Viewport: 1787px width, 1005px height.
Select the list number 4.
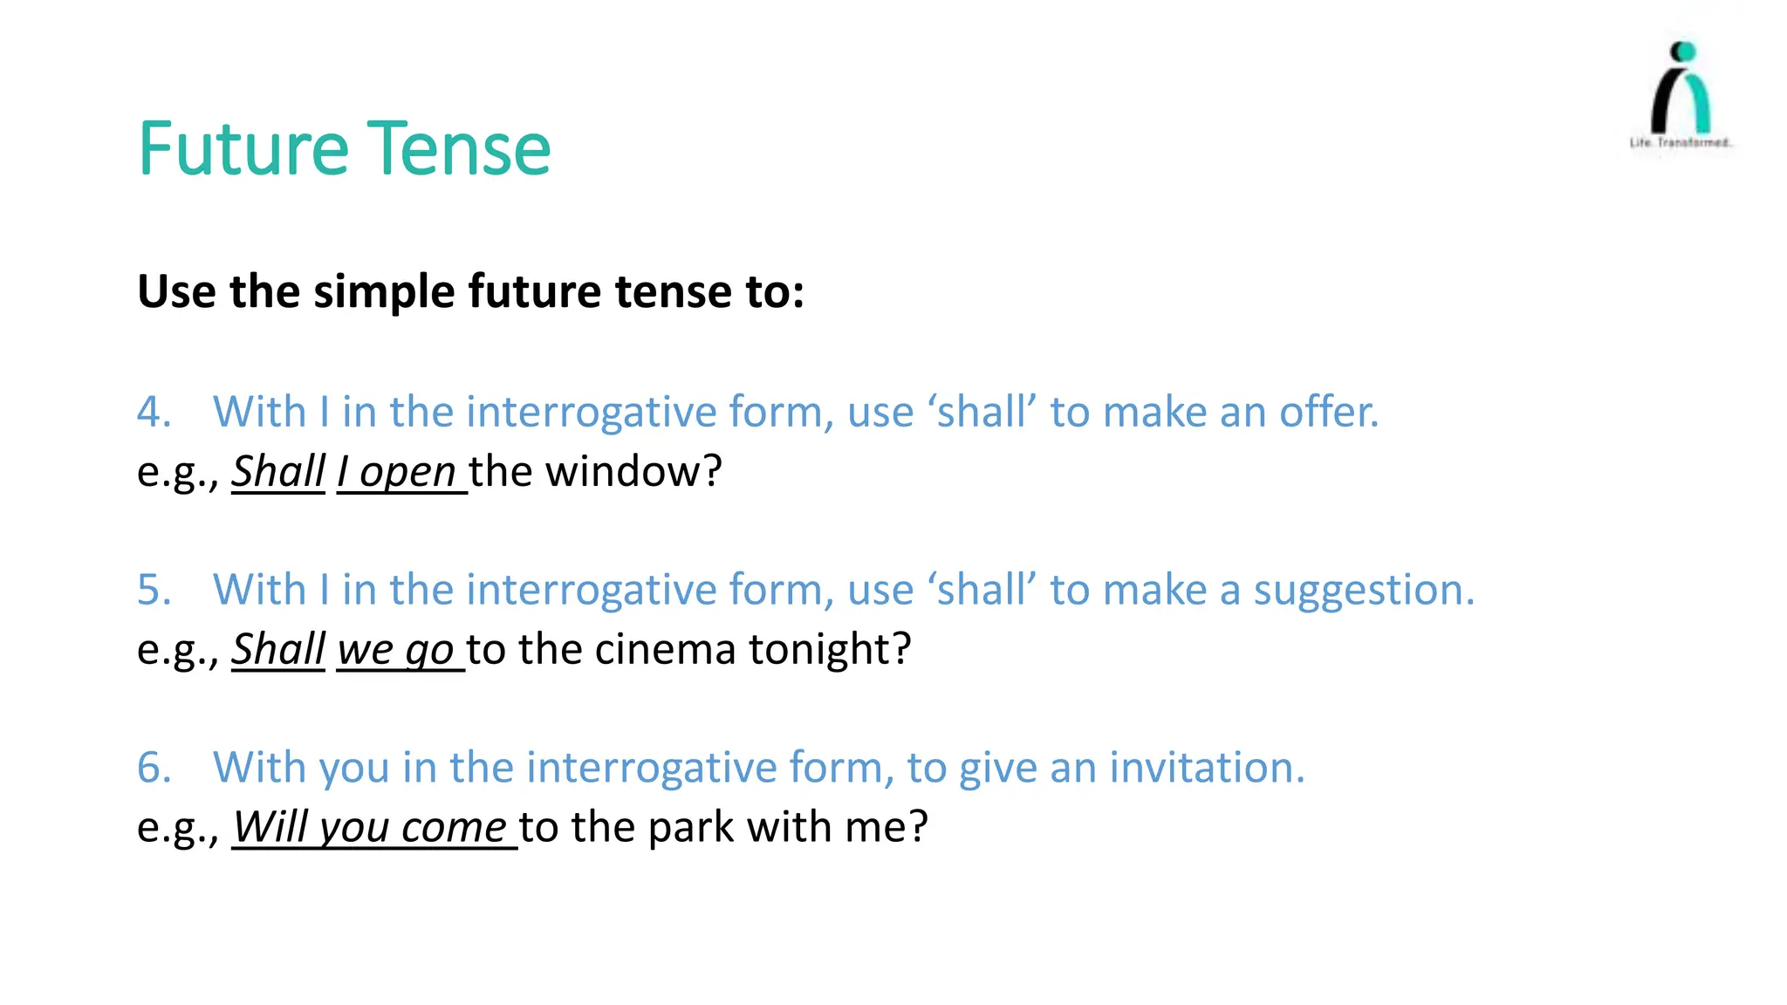[x=154, y=412]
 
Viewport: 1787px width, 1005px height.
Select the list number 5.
[x=154, y=590]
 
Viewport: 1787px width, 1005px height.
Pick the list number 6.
[x=154, y=768]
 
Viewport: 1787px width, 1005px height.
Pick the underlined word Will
[x=270, y=827]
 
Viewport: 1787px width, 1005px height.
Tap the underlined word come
[x=454, y=829]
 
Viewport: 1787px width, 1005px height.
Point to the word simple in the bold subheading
[x=385, y=292]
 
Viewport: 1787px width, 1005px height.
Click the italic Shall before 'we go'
[x=278, y=650]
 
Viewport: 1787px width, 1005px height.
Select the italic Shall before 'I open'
[x=278, y=472]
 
